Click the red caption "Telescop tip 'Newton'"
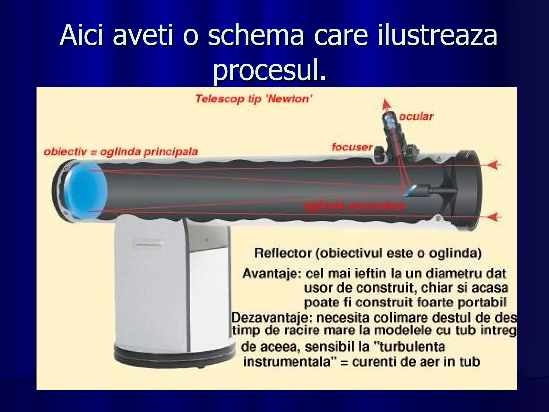(253, 99)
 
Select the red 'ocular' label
(416, 116)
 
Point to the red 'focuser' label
(352, 147)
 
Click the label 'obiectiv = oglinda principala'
(121, 152)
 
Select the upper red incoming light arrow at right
(494, 165)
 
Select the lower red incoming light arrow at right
(494, 217)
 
